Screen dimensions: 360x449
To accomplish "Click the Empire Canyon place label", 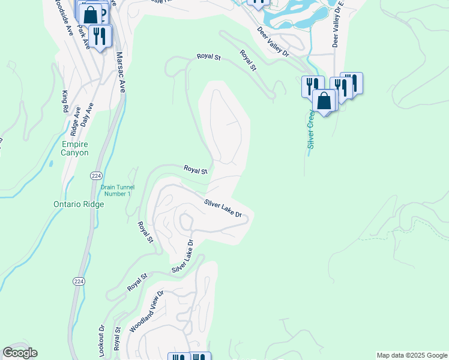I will [x=75, y=148].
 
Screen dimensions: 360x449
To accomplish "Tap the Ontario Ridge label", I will [x=78, y=204].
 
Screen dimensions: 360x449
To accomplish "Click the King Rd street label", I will [x=65, y=102].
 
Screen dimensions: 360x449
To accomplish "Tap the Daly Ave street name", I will [x=87, y=115].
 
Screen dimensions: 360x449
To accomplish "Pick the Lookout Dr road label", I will [x=101, y=339].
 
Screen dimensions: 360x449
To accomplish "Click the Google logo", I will [x=20, y=353].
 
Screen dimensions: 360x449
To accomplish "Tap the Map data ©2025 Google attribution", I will [x=412, y=355].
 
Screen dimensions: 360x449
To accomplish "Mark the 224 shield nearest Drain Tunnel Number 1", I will [x=96, y=175].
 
